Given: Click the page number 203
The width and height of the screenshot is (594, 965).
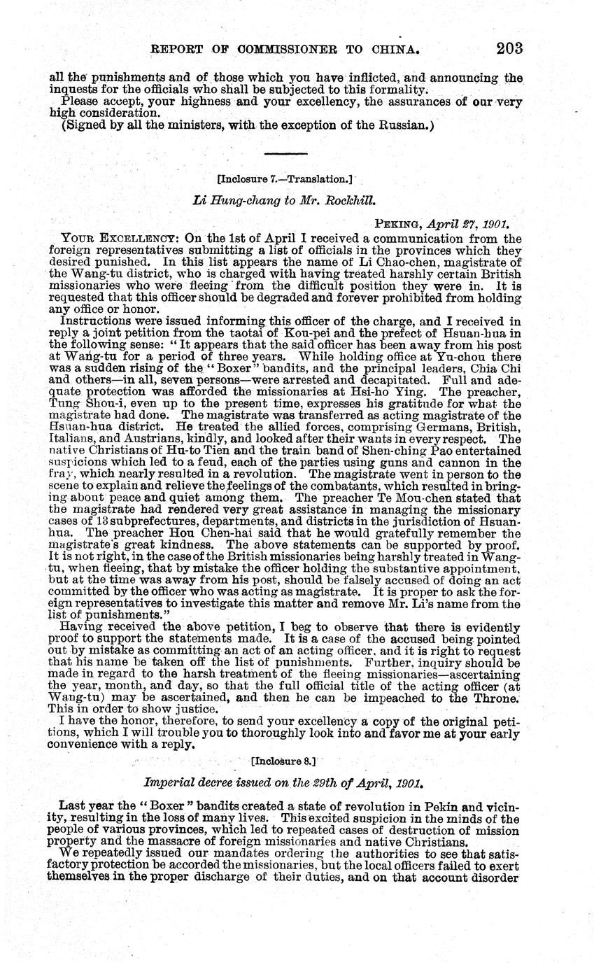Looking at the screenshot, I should tap(509, 48).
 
